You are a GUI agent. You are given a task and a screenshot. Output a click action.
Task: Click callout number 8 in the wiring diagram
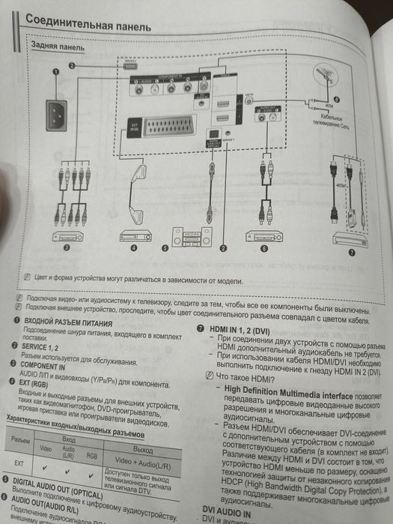336,99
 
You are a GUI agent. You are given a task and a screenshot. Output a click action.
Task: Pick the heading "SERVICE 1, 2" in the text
49,346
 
